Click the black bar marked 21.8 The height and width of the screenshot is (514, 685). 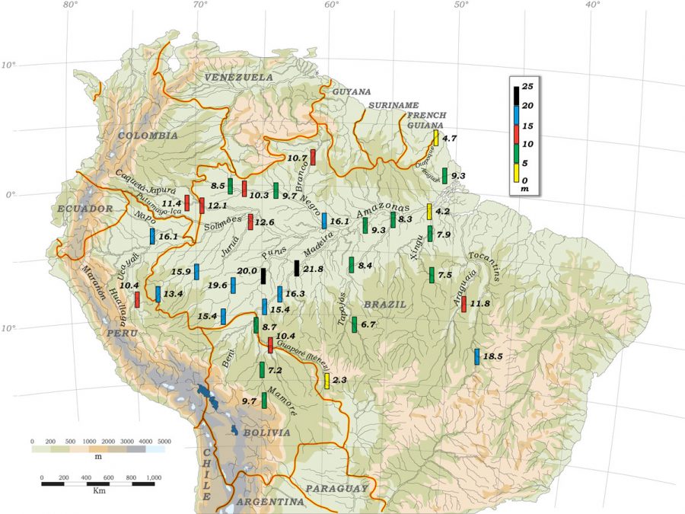pyautogui.click(x=297, y=268)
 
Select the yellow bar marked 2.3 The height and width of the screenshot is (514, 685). pyautogui.click(x=327, y=381)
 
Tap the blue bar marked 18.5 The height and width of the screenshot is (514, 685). pyautogui.click(x=477, y=356)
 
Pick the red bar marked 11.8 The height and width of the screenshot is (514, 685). pyautogui.click(x=464, y=304)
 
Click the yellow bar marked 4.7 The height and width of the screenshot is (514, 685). pyautogui.click(x=436, y=138)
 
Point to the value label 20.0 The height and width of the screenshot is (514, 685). pyautogui.click(x=247, y=271)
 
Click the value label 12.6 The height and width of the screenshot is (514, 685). pyautogui.click(x=264, y=222)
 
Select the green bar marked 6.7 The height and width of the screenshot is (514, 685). pyautogui.click(x=354, y=324)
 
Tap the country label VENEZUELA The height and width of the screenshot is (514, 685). pyautogui.click(x=238, y=78)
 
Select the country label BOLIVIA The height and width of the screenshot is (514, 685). pyautogui.click(x=266, y=433)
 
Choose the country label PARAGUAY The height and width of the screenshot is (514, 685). pyautogui.click(x=336, y=488)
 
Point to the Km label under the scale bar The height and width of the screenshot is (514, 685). pyautogui.click(x=99, y=491)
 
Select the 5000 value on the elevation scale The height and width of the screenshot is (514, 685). pyautogui.click(x=164, y=442)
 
